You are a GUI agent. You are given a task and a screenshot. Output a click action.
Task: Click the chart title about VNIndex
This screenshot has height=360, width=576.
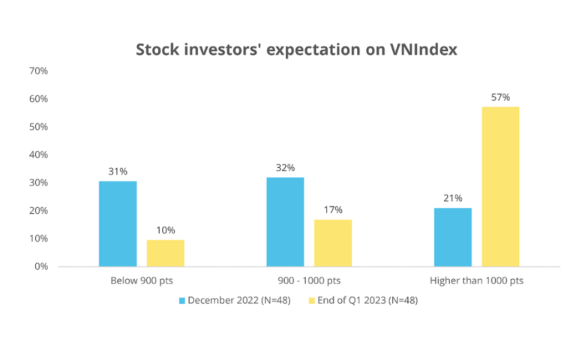tap(296, 49)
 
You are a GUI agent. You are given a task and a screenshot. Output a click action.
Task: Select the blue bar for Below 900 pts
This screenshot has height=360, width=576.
tap(118, 223)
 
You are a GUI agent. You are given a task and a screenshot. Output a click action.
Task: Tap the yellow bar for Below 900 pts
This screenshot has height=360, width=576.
tap(165, 253)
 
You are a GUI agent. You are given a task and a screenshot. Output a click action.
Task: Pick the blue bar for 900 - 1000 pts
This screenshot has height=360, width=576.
tap(285, 222)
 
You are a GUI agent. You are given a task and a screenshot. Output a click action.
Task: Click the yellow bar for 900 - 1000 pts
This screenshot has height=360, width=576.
tap(333, 243)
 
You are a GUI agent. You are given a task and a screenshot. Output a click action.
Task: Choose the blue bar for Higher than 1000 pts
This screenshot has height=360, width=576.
tap(452, 237)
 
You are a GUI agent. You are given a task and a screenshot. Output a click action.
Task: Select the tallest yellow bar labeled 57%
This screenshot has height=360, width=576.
tap(500, 187)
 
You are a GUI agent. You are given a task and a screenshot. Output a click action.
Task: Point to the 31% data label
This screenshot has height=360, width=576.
tap(118, 172)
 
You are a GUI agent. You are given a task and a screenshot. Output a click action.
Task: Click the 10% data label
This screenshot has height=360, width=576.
tap(166, 230)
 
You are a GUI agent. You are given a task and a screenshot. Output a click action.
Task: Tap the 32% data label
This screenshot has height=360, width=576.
tap(286, 168)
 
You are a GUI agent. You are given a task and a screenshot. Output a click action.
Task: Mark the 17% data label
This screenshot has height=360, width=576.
tap(333, 210)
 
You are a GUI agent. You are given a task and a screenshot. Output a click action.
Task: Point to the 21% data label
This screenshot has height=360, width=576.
tap(453, 198)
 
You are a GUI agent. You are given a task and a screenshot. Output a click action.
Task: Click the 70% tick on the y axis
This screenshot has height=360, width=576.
tap(38, 71)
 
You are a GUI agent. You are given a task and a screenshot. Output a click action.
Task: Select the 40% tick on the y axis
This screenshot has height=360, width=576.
tap(38, 154)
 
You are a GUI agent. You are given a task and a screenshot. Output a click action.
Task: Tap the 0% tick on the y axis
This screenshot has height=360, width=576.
tap(41, 267)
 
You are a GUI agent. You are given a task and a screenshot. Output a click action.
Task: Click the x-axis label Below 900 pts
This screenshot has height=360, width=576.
tap(142, 280)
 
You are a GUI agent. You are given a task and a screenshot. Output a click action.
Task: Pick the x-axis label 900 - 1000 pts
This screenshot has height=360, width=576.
tap(309, 280)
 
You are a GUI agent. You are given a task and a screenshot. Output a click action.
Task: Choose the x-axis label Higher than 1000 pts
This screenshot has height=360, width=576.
tap(476, 280)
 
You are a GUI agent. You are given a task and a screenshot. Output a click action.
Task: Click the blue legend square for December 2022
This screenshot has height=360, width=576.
tap(181, 301)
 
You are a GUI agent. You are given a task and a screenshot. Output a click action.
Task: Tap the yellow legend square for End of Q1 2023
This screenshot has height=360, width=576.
tap(311, 301)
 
